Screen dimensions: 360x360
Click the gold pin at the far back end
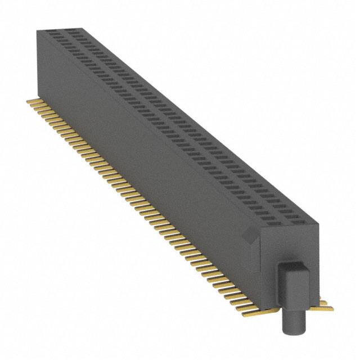[x=32, y=101]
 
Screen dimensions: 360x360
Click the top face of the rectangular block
[x=294, y=265]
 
